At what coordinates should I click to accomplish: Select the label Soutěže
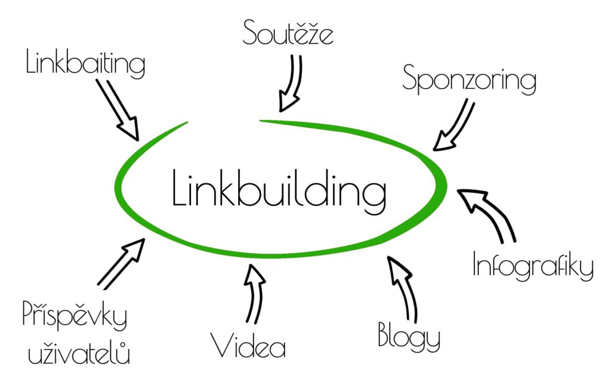[288, 33]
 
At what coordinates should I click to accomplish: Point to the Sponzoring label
[469, 79]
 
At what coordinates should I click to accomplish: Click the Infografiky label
[533, 267]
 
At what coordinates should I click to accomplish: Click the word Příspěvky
[75, 316]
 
